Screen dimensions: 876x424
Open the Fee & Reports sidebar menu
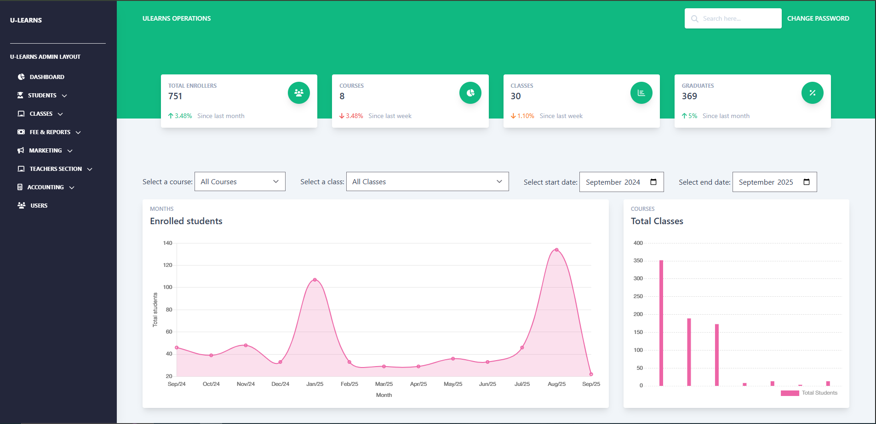click(x=49, y=132)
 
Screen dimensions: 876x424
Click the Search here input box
click(x=733, y=18)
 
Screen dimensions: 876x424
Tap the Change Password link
click(x=818, y=18)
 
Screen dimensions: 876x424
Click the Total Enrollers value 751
click(x=175, y=96)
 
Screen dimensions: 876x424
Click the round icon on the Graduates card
click(x=813, y=93)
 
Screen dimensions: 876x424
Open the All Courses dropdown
click(x=240, y=181)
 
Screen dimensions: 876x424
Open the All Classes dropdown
click(x=428, y=181)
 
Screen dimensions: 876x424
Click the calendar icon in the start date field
click(x=653, y=182)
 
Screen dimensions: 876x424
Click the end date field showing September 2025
click(x=775, y=182)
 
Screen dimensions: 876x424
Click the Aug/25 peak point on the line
click(x=556, y=250)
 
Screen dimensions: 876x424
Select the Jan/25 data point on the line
click(x=315, y=280)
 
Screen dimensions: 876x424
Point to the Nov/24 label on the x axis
click(x=246, y=384)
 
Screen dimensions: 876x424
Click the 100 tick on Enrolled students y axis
click(x=167, y=287)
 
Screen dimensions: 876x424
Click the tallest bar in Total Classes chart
click(x=661, y=323)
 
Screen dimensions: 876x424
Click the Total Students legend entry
click(x=809, y=393)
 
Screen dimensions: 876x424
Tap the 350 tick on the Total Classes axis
click(x=638, y=260)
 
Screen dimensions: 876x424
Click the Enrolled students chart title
click(x=186, y=221)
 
